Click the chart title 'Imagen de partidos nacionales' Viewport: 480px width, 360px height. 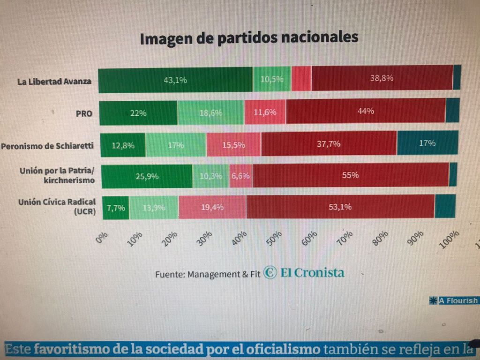click(x=249, y=38)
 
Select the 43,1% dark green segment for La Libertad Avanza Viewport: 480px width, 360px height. click(x=175, y=79)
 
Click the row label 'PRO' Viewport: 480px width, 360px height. click(x=84, y=113)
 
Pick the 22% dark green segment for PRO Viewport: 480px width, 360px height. click(x=139, y=113)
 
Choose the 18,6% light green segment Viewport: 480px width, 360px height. click(x=211, y=113)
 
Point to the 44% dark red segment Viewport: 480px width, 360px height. click(x=366, y=112)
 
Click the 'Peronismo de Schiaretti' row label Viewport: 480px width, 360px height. click(x=47, y=146)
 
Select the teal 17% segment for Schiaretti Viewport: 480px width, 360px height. click(x=427, y=143)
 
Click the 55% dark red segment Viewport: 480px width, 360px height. click(x=350, y=175)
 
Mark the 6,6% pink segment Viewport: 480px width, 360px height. click(x=240, y=176)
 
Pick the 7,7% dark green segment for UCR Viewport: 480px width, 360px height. click(x=116, y=208)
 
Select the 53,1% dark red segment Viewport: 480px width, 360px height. click(x=340, y=207)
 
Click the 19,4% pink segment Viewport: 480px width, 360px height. click(x=212, y=207)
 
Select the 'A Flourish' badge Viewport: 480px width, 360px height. click(x=454, y=300)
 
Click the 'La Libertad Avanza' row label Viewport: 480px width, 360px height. click(x=54, y=82)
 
